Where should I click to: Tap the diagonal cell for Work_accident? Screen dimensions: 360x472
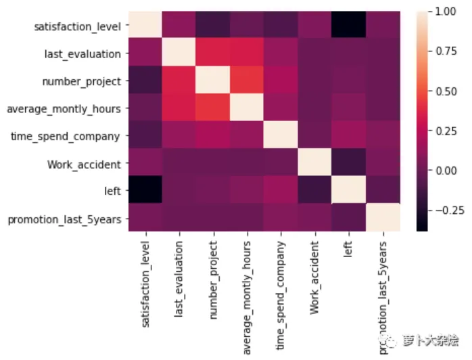coord(314,164)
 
